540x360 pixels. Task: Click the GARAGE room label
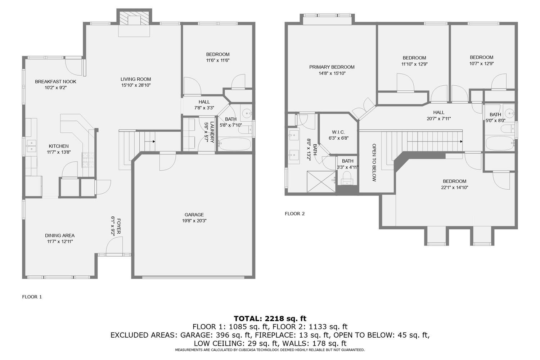(x=194, y=215)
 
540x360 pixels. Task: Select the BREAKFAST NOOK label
(x=55, y=81)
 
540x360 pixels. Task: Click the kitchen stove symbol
(x=89, y=160)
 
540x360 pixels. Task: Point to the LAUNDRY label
(x=212, y=132)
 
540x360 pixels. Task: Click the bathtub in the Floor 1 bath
(x=235, y=145)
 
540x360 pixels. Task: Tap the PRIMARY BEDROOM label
(x=332, y=67)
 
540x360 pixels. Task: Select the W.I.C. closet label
(x=338, y=132)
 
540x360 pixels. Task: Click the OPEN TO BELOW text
(x=374, y=162)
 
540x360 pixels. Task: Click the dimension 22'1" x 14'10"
(x=454, y=187)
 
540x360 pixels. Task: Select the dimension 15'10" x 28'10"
(x=136, y=85)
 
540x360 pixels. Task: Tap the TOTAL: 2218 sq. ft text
(x=270, y=318)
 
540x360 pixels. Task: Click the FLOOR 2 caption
(x=294, y=213)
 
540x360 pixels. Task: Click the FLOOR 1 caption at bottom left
(x=32, y=297)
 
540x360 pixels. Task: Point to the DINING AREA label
(x=60, y=235)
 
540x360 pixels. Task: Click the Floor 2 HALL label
(x=439, y=112)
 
